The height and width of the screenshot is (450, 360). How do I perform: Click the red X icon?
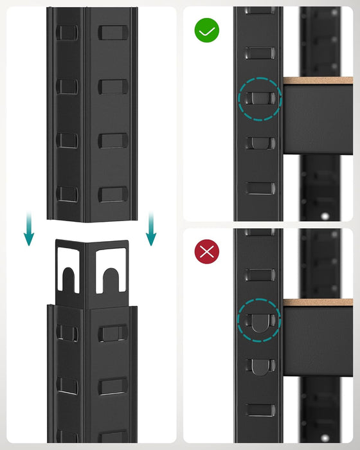point(207,251)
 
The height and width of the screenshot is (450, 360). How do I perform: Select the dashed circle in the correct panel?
point(260,98)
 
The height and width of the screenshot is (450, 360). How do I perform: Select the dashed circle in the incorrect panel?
point(260,320)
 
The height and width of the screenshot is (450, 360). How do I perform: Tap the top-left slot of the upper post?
point(67,32)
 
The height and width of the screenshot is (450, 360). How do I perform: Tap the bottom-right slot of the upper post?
point(113,193)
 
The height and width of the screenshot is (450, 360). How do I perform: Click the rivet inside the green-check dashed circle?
point(260,98)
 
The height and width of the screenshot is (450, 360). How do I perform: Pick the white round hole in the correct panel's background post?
point(325,215)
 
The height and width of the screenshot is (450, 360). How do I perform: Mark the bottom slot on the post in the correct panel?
point(260,188)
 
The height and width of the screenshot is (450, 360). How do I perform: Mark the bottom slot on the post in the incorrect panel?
point(260,410)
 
